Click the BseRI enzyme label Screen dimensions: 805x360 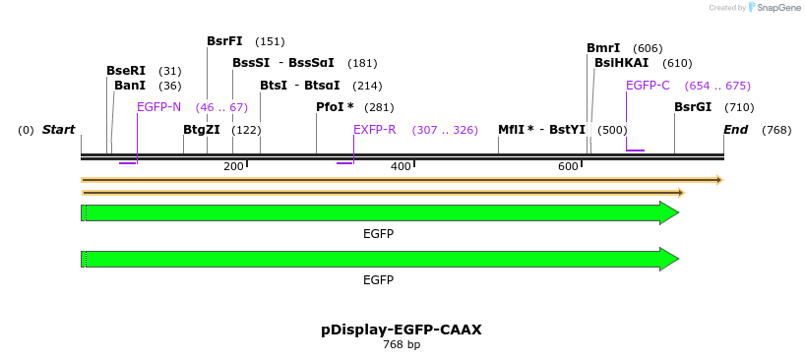[126, 70]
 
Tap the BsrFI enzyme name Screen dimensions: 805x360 [224, 41]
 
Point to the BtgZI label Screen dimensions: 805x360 [201, 130]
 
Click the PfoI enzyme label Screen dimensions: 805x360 [332, 107]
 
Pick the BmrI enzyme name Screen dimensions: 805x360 [603, 48]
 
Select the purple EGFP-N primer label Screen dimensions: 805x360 [158, 107]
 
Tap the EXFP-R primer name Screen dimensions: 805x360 [375, 130]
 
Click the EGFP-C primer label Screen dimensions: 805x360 [648, 86]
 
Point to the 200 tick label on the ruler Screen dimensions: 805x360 [233, 166]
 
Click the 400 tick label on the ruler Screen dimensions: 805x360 [401, 166]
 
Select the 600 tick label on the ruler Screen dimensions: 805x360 [568, 166]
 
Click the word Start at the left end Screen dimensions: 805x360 [58, 130]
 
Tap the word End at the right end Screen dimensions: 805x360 [736, 130]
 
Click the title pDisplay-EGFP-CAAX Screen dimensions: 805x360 [402, 330]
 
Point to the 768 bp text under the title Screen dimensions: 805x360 [402, 344]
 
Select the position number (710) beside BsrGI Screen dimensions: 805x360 [739, 107]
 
